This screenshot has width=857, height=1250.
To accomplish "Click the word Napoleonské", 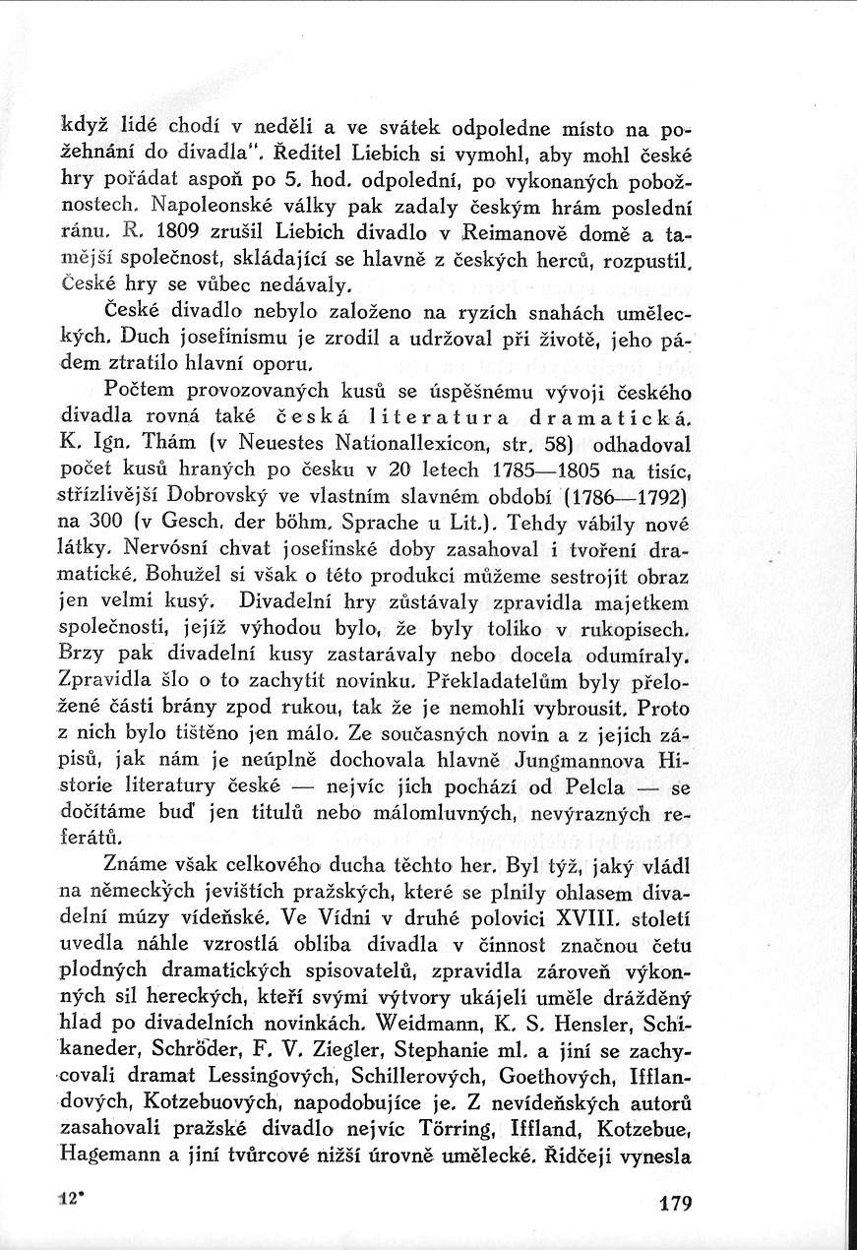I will (x=206, y=209).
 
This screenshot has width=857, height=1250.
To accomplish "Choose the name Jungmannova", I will (x=570, y=761).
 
